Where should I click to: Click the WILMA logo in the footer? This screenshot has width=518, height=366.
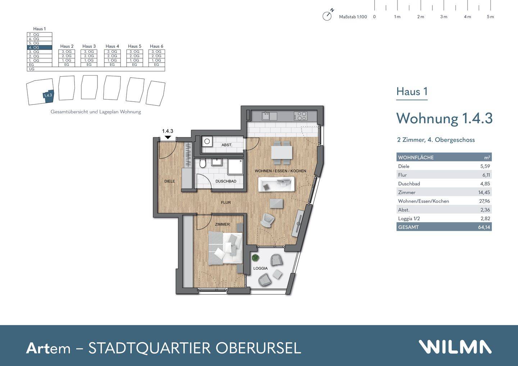[455, 347]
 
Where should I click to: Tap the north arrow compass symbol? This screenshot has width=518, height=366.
[327, 16]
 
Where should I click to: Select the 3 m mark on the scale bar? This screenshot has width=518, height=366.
[444, 17]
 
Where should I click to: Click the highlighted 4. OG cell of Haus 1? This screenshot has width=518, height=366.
[40, 47]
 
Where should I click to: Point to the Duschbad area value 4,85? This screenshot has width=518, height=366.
[485, 184]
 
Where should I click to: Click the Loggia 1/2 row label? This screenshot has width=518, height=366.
[409, 219]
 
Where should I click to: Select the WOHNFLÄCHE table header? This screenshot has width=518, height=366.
[416, 157]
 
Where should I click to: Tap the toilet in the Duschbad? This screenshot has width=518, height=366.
[203, 164]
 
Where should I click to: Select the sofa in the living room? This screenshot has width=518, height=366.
[276, 184]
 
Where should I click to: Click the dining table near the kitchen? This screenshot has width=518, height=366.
[282, 152]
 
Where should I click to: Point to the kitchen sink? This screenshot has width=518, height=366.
[266, 116]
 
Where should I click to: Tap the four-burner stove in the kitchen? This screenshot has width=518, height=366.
[300, 116]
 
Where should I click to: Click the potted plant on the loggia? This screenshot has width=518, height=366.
[255, 257]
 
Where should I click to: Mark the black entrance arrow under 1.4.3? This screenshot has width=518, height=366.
[168, 137]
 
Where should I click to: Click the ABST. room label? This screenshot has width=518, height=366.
[227, 145]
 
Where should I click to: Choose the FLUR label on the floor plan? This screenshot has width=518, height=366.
[226, 203]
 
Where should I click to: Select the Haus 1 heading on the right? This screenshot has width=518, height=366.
[412, 92]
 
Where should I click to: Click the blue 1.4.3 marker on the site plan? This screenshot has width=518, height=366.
[48, 95]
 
